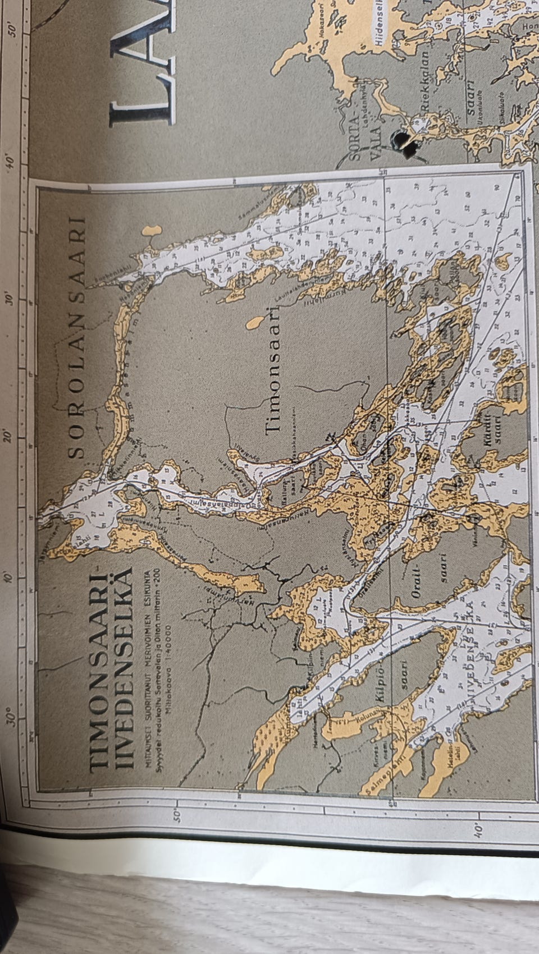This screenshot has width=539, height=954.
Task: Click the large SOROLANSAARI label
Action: point(79,337)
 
